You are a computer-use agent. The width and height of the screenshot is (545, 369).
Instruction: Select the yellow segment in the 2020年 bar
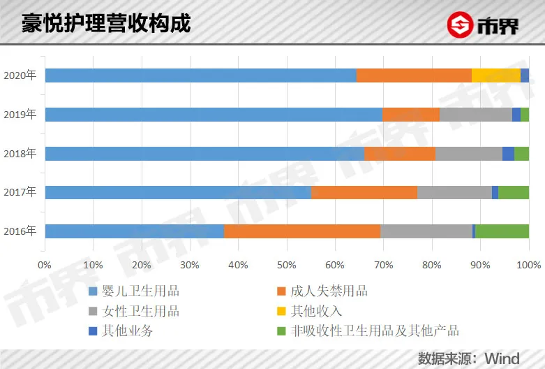pos(495,75)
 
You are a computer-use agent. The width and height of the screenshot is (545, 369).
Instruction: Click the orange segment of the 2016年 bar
pos(301,231)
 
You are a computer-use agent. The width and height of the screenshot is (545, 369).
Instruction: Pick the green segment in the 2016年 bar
pos(502,231)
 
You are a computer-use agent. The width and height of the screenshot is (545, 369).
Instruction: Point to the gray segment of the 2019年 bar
pos(476,115)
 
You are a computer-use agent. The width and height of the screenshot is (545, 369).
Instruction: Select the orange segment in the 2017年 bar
pos(364,192)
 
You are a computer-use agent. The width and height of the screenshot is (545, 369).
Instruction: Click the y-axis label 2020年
pos(20,75)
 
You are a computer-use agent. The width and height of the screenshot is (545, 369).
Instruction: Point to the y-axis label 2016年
pos(20,231)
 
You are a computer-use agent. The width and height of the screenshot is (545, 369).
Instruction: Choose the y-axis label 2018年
pos(20,154)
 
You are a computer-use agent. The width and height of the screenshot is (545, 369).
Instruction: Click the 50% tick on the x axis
pos(286,265)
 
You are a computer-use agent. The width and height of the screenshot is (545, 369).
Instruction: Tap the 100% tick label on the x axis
pos(528,265)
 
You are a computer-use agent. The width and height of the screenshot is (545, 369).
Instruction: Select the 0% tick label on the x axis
pos(45,265)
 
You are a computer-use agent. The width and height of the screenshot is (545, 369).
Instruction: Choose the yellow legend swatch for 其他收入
pos(282,311)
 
